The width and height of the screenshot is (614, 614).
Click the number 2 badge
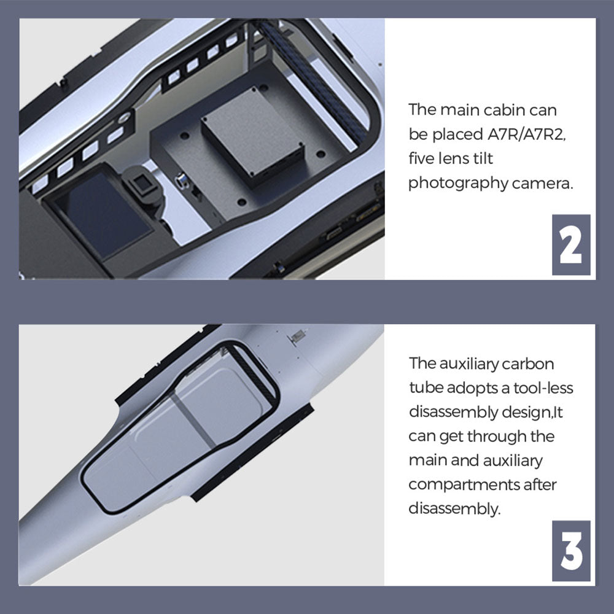coord(571,245)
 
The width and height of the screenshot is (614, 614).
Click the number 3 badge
coord(571,551)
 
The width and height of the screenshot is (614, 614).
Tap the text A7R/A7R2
coord(526,134)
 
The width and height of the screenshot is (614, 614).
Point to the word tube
coord(426,388)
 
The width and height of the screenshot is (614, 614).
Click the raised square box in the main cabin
coord(252,133)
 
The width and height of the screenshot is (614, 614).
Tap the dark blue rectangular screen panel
coord(103,214)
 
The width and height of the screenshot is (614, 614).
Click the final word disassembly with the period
coord(454,509)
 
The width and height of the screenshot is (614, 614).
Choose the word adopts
coord(472,389)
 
